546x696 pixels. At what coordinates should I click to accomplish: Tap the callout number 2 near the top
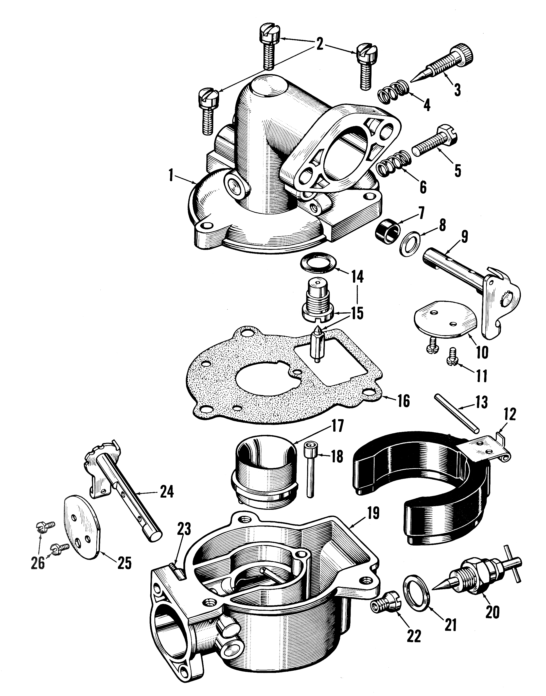click(x=319, y=45)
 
